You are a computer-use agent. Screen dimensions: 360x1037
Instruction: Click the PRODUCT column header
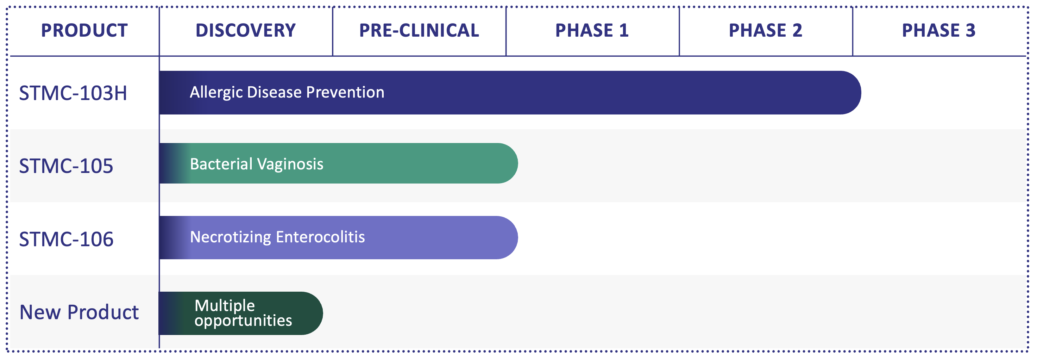click(84, 31)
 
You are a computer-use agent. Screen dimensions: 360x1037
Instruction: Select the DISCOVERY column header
click(246, 31)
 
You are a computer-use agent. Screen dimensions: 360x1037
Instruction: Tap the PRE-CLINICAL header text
click(419, 31)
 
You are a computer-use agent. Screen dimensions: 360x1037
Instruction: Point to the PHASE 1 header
click(592, 31)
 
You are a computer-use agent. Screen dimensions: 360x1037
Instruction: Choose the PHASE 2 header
click(765, 31)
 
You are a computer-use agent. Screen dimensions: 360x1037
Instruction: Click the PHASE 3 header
click(938, 31)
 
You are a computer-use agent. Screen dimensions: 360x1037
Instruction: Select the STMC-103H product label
click(73, 93)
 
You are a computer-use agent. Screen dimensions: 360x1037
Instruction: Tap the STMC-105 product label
click(66, 166)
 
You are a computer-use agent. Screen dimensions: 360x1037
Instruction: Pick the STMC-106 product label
click(66, 239)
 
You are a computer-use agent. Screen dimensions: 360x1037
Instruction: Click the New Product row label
click(79, 312)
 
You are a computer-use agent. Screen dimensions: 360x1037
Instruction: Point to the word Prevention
click(345, 93)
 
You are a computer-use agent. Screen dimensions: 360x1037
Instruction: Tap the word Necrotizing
click(231, 237)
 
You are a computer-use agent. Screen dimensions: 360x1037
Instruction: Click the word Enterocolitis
click(320, 237)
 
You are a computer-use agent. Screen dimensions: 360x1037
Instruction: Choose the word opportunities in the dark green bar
click(243, 321)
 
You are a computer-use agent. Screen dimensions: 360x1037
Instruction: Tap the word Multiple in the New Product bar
click(225, 306)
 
